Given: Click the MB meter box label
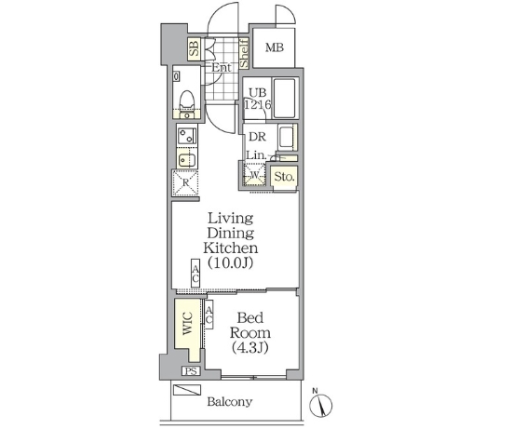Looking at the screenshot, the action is [x=275, y=47].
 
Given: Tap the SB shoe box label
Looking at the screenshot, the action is [x=195, y=49].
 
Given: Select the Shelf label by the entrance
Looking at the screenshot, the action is [x=244, y=53].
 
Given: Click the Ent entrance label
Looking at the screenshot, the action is [x=222, y=68].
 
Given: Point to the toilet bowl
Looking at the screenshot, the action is [x=187, y=100].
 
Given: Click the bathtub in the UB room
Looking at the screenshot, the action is [x=285, y=98].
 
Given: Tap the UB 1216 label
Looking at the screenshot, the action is [x=258, y=99].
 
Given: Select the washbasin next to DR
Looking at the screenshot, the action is [x=288, y=138].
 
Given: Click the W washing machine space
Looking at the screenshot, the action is [x=254, y=175].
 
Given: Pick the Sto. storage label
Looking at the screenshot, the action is [x=285, y=177].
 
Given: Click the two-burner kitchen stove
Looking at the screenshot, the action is [x=186, y=136].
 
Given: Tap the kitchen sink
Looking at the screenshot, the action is [x=187, y=160].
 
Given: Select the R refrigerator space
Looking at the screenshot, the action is [x=185, y=182].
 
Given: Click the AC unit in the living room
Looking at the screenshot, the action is [x=195, y=274].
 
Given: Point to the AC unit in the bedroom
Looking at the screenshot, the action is [x=209, y=315].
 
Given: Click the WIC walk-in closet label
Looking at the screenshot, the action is [x=187, y=323].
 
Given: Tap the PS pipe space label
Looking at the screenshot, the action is [x=191, y=371].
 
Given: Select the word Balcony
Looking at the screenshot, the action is [x=230, y=402].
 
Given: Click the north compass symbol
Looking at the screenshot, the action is [x=320, y=405].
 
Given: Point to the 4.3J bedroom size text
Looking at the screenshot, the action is [x=250, y=348].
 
